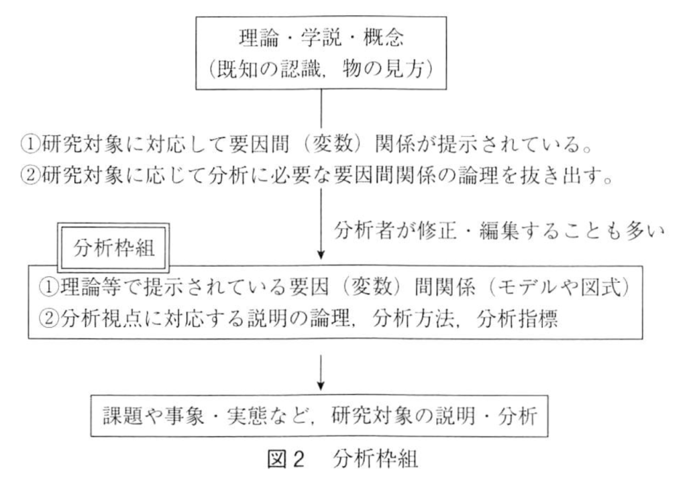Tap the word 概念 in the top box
383,38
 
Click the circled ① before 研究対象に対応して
31,145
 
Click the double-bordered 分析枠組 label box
113,248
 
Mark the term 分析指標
518,318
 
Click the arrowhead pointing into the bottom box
321,385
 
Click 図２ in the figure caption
286,459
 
